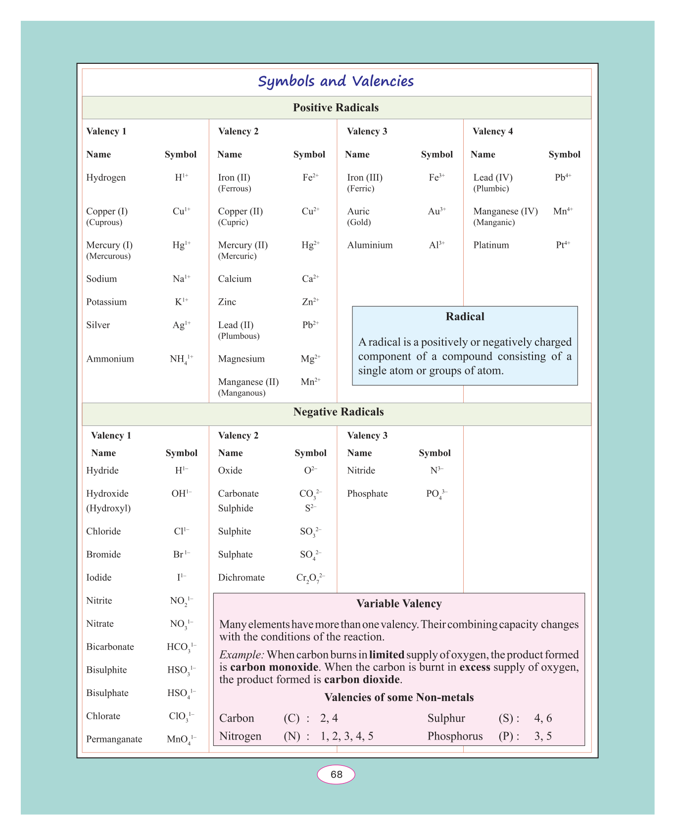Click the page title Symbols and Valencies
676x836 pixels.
tap(336, 82)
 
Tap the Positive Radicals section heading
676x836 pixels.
tap(336, 108)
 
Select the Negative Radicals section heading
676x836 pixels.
tap(338, 412)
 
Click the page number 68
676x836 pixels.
tap(336, 775)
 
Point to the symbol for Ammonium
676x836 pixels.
tap(181, 359)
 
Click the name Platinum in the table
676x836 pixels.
tap(491, 245)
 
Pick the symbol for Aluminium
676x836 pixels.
tap(436, 245)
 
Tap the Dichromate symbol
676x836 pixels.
tap(310, 578)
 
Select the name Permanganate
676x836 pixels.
tap(114, 740)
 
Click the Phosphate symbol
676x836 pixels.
tap(436, 494)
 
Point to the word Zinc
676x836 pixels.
tap(227, 302)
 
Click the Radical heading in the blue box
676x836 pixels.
tap(465, 317)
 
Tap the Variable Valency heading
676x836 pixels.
tap(399, 604)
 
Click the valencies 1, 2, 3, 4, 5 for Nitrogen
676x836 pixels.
tap(347, 736)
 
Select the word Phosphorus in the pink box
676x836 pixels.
tap(455, 736)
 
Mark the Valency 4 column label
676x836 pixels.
tap(492, 132)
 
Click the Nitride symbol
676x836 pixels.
tap(436, 470)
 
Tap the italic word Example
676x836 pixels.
tap(241, 655)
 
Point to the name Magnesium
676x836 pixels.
tap(241, 359)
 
